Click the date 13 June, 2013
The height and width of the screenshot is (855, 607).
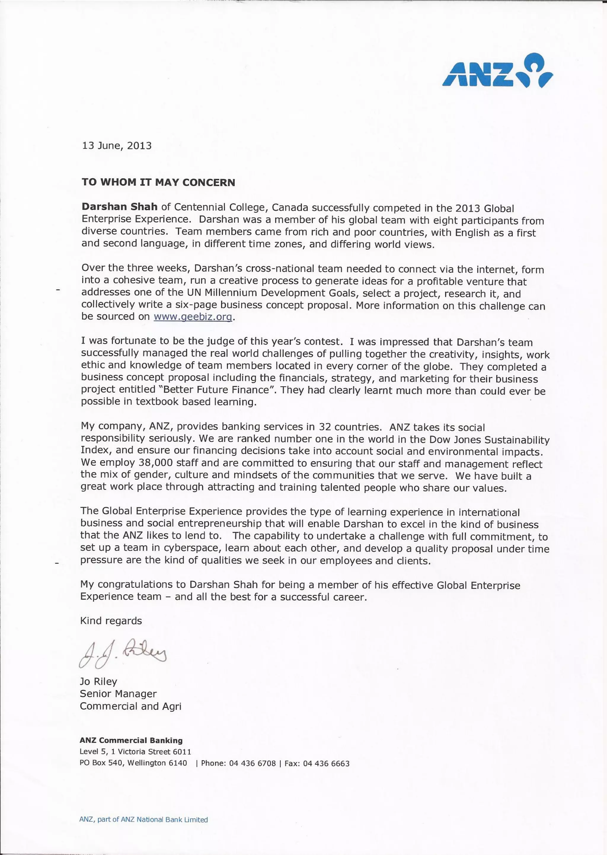tap(116, 146)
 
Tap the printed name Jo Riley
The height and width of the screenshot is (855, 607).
tap(98, 681)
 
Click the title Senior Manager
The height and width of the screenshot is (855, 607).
tap(118, 693)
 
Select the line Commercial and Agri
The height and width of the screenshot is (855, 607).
tap(130, 706)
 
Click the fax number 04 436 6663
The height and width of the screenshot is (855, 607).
tap(326, 763)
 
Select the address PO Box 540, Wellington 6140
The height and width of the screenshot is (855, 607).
tap(133, 763)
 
